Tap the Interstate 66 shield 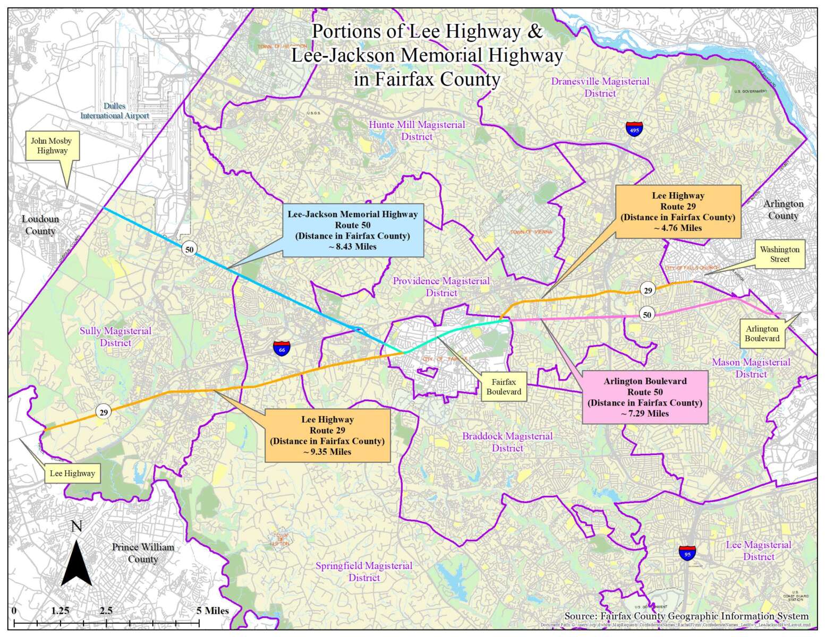(282, 348)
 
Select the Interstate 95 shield (687, 553)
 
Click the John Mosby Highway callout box (52, 146)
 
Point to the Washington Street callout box (779, 255)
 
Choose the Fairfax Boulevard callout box (503, 387)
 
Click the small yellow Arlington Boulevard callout (762, 334)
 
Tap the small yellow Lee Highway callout (72, 474)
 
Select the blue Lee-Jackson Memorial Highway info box (352, 230)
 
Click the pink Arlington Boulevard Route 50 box (645, 397)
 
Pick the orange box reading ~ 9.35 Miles (327, 435)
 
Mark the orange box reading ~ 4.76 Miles (678, 212)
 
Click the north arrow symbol (76, 562)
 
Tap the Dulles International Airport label (115, 111)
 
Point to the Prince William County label (142, 553)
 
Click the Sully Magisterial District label (115, 337)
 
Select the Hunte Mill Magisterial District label (416, 131)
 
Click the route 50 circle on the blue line (189, 249)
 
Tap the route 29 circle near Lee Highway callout (104, 412)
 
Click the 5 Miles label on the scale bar (212, 610)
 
